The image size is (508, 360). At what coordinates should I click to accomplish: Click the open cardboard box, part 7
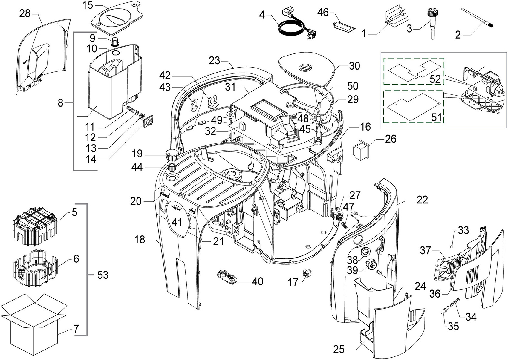pos(33,327)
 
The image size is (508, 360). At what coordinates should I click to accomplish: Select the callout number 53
pos(103,275)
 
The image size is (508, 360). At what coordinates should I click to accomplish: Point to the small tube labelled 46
pos(343,27)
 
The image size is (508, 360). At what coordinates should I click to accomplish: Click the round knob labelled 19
pos(172,155)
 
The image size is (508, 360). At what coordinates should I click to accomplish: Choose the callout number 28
pos(25,14)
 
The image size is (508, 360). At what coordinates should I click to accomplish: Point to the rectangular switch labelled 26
pos(361,150)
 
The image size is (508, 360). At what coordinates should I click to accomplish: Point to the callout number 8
pos(60,103)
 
